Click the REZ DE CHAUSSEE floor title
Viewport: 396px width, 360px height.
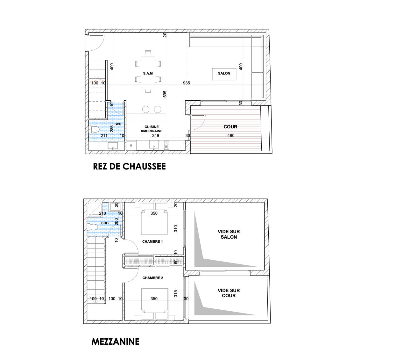pos(129,167)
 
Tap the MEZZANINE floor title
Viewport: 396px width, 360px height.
pos(116,342)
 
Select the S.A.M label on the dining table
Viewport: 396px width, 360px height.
pos(148,73)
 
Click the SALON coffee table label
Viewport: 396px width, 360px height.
pos(224,73)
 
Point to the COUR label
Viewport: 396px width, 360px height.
pos(230,127)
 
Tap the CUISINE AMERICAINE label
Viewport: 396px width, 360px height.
pos(152,129)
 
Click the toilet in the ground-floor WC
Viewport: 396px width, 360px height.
pos(94,130)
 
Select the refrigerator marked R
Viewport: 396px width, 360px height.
pos(131,146)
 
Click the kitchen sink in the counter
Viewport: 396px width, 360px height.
pos(154,145)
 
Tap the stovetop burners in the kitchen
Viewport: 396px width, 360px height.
pos(166,145)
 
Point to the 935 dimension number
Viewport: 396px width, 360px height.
pos(186,83)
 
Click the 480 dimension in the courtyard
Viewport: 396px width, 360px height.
pos(231,135)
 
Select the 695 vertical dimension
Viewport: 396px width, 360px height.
pos(165,94)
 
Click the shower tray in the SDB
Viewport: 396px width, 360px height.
pos(95,209)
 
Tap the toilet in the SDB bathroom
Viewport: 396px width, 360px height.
pos(93,227)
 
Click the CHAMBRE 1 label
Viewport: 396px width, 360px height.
pos(152,241)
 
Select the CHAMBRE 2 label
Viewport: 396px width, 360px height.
pos(153,278)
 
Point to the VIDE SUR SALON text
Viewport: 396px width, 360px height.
pos(229,234)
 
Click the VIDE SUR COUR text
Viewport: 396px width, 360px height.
pos(229,293)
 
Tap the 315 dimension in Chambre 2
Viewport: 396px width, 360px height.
pos(175,294)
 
